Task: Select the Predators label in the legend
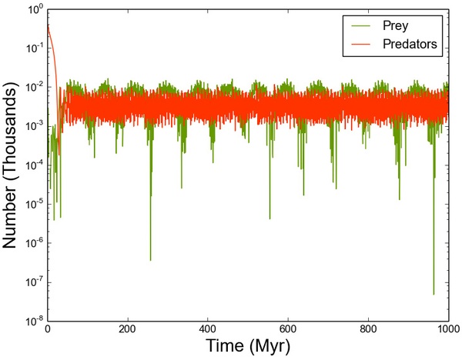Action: (410, 45)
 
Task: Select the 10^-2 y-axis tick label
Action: (32, 88)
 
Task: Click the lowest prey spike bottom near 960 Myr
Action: (434, 294)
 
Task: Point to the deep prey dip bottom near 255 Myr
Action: (150, 260)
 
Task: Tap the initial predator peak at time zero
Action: (49, 25)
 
